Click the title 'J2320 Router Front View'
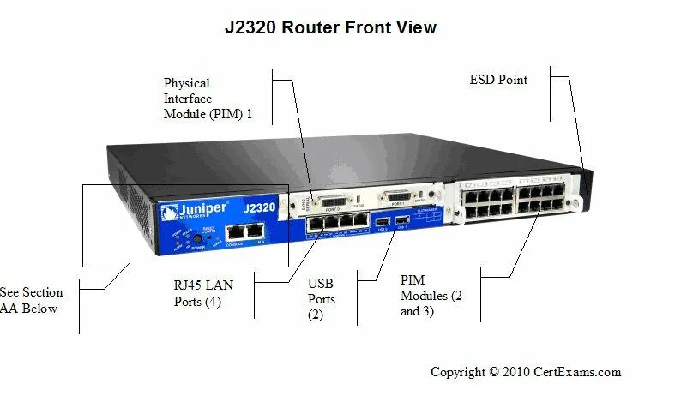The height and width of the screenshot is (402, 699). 330,27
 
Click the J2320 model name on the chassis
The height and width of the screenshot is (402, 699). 257,207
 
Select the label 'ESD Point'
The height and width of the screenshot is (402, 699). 498,80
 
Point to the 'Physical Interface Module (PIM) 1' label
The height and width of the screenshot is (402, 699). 208,99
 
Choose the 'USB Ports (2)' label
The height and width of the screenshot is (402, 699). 321,299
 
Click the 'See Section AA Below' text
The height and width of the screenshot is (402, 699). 30,300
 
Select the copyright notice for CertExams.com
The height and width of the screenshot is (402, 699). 525,372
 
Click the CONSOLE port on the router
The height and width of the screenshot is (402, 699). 234,231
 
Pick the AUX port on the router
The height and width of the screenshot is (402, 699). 254,231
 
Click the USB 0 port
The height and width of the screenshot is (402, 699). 381,225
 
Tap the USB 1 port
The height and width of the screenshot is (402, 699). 403,224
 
